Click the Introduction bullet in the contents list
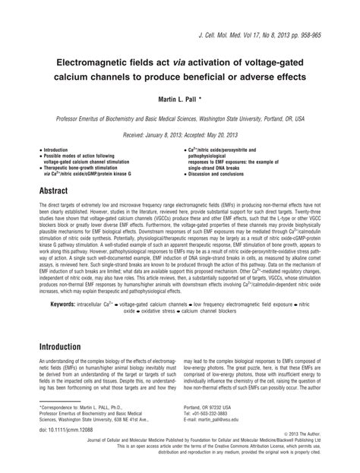pyautogui.click(x=60, y=151)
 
